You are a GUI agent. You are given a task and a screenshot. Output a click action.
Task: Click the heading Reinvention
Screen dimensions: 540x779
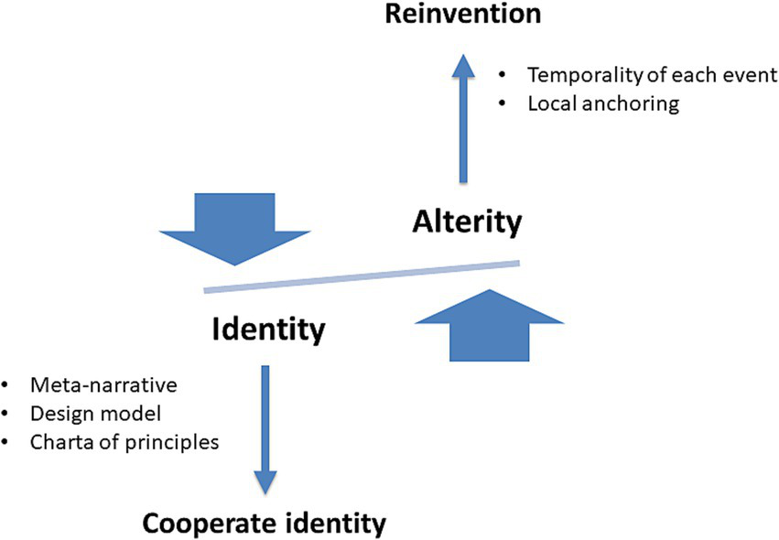[462, 16]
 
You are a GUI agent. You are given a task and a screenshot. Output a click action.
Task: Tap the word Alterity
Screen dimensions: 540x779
[467, 221]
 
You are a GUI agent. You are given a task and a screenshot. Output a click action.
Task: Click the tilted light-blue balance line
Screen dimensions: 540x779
[362, 277]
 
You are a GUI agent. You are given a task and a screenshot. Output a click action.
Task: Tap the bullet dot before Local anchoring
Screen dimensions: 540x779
[502, 103]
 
